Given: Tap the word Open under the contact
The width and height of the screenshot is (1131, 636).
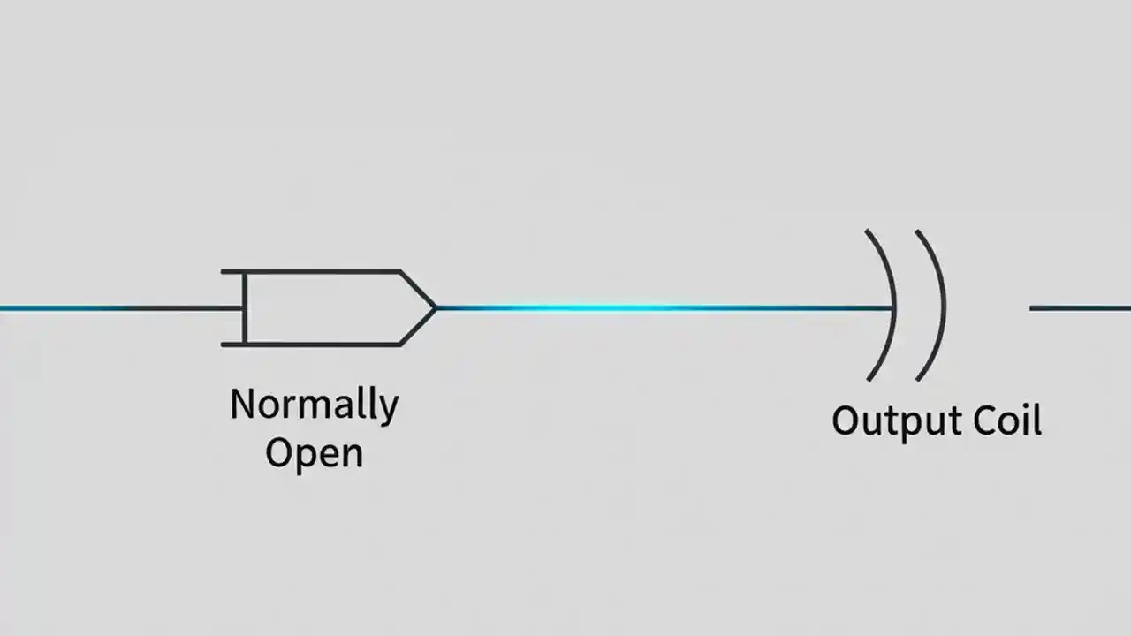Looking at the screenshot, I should click(x=314, y=454).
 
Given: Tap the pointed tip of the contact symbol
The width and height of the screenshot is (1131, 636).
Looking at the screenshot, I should click(x=434, y=307).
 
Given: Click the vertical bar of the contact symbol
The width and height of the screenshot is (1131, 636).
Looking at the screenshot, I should click(x=246, y=307).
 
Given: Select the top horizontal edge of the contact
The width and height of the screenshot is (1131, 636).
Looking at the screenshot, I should click(x=318, y=271).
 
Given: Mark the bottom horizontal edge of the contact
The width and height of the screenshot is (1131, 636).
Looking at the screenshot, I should click(x=318, y=344).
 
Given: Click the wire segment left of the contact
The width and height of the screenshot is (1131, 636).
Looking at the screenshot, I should click(x=115, y=308).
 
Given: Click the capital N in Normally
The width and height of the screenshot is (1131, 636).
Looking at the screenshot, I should click(x=241, y=405).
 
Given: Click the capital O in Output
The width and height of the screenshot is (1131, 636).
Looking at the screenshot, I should click(x=846, y=420).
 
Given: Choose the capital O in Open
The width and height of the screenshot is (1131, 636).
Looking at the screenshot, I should click(x=278, y=453).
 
